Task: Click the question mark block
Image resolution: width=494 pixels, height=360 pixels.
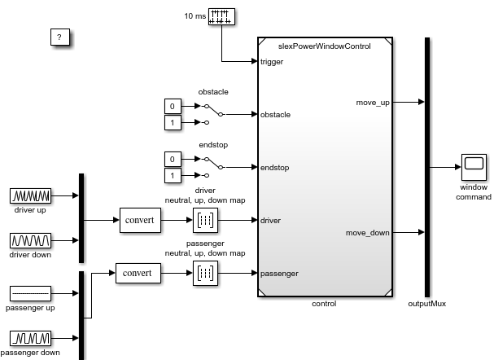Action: tap(59, 37)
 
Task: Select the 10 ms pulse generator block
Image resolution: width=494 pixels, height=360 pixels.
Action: tap(221, 16)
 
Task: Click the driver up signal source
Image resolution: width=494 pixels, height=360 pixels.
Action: tap(31, 195)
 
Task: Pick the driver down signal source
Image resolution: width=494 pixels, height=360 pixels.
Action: tap(31, 240)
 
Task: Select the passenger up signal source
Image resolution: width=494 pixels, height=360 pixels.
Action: tap(31, 293)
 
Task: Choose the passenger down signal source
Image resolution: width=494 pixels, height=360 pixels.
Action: tap(31, 338)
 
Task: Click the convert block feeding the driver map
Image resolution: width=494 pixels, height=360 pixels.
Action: tap(140, 220)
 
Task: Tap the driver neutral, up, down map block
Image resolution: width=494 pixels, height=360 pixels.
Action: tap(204, 220)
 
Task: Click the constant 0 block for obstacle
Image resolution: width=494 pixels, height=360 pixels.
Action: tap(172, 107)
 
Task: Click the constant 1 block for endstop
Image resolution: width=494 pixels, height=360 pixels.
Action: tap(172, 175)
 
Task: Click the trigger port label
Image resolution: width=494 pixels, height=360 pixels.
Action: tap(272, 61)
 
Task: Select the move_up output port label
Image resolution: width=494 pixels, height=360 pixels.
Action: tap(373, 102)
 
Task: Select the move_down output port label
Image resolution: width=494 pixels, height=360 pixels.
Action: tap(368, 233)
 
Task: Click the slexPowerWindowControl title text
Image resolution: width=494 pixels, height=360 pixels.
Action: tap(324, 46)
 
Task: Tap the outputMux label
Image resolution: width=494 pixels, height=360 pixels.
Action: tap(426, 304)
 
